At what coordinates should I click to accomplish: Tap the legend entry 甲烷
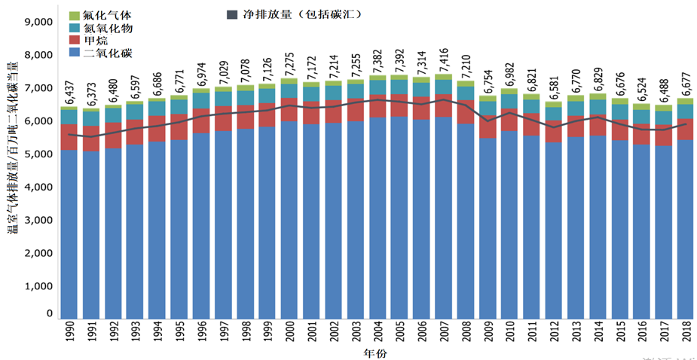coord(94,40)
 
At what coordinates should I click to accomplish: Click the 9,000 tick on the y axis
coord(38,22)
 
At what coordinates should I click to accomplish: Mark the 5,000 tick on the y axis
coord(38,154)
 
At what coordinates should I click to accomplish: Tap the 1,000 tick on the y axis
coord(38,286)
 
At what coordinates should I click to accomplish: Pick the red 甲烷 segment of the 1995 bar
coord(179,127)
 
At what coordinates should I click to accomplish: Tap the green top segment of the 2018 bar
coord(685,101)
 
